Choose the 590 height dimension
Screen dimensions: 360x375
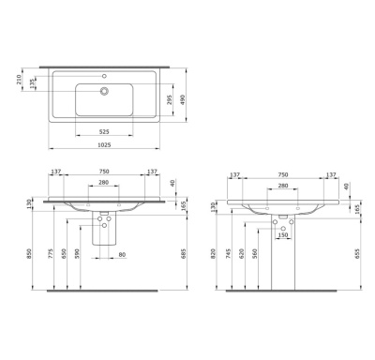(x=79, y=253)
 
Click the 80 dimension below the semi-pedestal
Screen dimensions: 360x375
(x=119, y=255)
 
